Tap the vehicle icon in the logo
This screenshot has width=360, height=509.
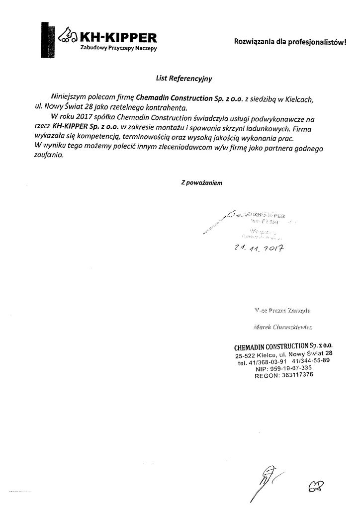click(x=68, y=36)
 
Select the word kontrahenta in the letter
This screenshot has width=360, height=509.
click(x=163, y=107)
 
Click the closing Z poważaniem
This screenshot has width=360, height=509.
click(x=201, y=182)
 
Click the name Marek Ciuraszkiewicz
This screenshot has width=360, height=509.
click(x=281, y=327)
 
